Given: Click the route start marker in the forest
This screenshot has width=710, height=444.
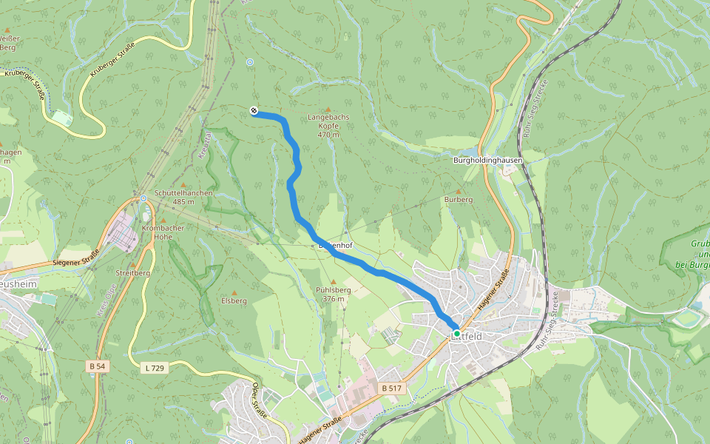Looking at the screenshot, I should tap(254, 111).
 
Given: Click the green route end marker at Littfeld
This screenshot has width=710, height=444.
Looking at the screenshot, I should tap(457, 334).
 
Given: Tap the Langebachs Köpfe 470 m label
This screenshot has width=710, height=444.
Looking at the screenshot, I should tap(328, 126).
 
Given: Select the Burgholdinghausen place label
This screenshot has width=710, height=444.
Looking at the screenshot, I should tap(488, 160).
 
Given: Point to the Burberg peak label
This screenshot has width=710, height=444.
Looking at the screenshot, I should tap(458, 200).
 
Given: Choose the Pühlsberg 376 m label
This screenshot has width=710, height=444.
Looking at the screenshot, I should tap(333, 295).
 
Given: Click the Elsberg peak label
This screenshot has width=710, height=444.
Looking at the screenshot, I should tap(234, 301).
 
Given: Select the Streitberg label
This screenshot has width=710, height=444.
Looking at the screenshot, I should tap(133, 273).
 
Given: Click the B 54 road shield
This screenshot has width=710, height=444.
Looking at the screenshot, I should tap(96, 366).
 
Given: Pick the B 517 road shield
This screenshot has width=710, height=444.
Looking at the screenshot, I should tap(391, 388).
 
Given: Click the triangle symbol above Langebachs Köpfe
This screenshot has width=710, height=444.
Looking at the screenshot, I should tap(328, 110).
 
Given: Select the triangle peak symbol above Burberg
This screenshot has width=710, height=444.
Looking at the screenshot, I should tap(458, 191).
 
